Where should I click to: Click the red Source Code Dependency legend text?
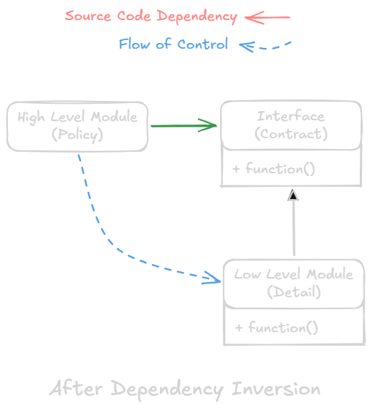[151, 16]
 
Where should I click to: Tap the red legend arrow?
[267, 16]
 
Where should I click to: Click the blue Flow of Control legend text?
[173, 44]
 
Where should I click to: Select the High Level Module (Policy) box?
[77, 126]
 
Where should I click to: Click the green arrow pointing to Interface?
[183, 126]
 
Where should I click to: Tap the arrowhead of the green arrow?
[210, 126]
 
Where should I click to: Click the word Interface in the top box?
[290, 117]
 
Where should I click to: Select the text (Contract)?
[290, 134]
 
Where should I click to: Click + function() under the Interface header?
[274, 169]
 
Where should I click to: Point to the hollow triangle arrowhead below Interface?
[292, 196]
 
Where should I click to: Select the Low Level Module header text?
[294, 275]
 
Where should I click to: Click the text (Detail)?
[294, 292]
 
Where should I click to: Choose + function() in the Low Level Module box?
[277, 328]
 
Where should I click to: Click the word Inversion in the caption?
[276, 389]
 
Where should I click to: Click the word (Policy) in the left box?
[77, 135]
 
